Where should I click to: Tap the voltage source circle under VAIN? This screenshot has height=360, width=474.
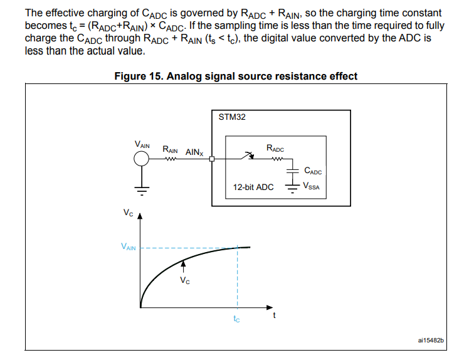point(142,159)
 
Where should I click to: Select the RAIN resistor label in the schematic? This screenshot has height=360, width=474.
point(170,151)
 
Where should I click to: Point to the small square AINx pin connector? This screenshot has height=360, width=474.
point(213,159)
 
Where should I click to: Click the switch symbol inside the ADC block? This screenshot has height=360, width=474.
point(248,156)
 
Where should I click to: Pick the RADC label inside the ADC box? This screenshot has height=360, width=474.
point(275,149)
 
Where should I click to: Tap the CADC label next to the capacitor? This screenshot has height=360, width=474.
point(312,170)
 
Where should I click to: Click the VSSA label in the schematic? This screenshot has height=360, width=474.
point(312,186)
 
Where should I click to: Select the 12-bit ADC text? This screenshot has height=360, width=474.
point(253,187)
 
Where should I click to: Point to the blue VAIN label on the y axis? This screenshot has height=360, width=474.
point(128,248)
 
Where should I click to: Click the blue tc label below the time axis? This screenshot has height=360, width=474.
point(236,319)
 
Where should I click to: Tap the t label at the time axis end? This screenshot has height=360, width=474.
point(274,316)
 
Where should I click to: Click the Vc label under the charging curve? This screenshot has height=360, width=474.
point(184,280)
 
